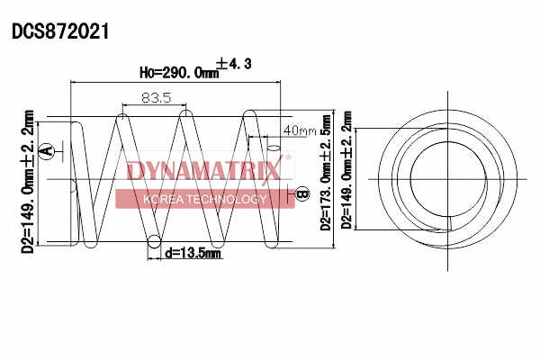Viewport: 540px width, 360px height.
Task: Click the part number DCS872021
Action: [x=60, y=31]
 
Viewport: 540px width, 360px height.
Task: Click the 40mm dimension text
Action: [x=300, y=130]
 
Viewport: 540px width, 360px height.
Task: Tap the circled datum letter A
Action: [x=49, y=150]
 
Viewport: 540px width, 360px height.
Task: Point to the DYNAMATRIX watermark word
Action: [x=204, y=170]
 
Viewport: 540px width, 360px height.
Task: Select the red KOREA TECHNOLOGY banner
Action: [x=204, y=199]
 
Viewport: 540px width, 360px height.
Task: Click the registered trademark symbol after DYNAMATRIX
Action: [x=289, y=159]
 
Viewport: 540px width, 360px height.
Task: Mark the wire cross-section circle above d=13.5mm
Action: [x=154, y=241]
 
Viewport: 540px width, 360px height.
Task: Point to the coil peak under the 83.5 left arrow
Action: [x=122, y=117]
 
